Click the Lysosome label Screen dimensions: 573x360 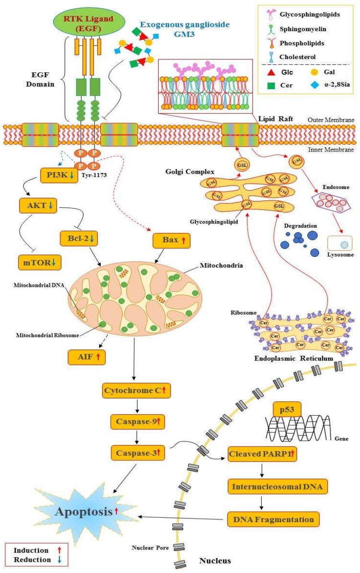[341, 255]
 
